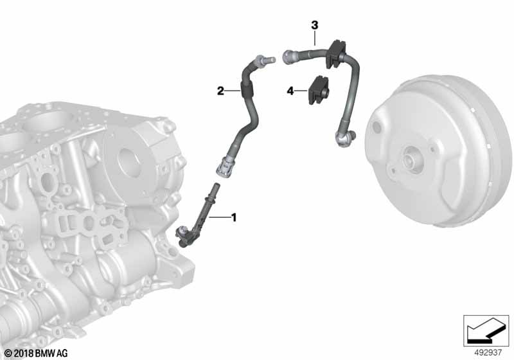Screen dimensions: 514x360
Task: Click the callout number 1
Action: point(234,217)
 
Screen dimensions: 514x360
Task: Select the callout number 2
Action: point(220,91)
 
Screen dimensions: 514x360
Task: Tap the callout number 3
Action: point(314,25)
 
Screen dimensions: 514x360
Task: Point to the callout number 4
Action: point(290,91)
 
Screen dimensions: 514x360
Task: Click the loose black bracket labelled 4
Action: point(318,90)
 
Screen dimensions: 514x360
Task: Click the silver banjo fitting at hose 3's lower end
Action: point(344,138)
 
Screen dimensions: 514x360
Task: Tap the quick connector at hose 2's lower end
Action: point(226,166)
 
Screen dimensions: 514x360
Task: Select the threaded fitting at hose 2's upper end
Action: point(264,60)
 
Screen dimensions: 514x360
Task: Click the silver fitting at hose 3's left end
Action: point(290,57)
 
